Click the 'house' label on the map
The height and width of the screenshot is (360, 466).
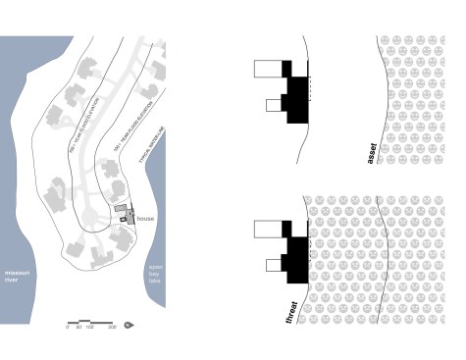(146, 218)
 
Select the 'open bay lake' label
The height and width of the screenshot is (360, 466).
(154, 274)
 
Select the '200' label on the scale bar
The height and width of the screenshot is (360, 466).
(113, 328)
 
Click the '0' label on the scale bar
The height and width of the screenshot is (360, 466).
(68, 328)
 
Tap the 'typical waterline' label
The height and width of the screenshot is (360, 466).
(155, 127)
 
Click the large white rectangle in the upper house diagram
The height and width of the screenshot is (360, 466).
(268, 68)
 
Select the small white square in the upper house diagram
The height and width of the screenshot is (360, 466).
(274, 105)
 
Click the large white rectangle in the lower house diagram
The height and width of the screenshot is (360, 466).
(268, 229)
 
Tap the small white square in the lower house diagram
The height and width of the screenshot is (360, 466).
(274, 266)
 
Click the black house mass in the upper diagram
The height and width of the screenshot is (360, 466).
(296, 98)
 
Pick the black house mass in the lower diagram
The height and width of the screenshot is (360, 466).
(296, 260)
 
